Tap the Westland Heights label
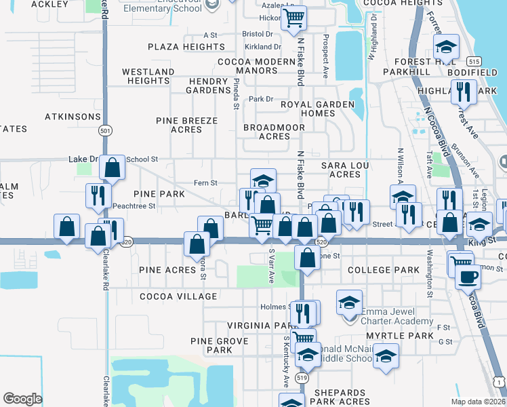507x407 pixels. tap(148, 76)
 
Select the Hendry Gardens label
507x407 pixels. tap(209, 85)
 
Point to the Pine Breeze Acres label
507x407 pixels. tap(187, 125)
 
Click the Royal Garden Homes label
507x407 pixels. tap(318, 109)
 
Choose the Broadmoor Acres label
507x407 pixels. tap(276, 132)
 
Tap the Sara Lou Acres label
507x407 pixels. tap(341, 170)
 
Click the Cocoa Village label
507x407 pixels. tap(179, 296)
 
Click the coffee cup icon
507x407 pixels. tap(467, 276)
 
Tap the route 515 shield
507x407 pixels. tap(474, 60)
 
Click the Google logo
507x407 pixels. tap(22, 398)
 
